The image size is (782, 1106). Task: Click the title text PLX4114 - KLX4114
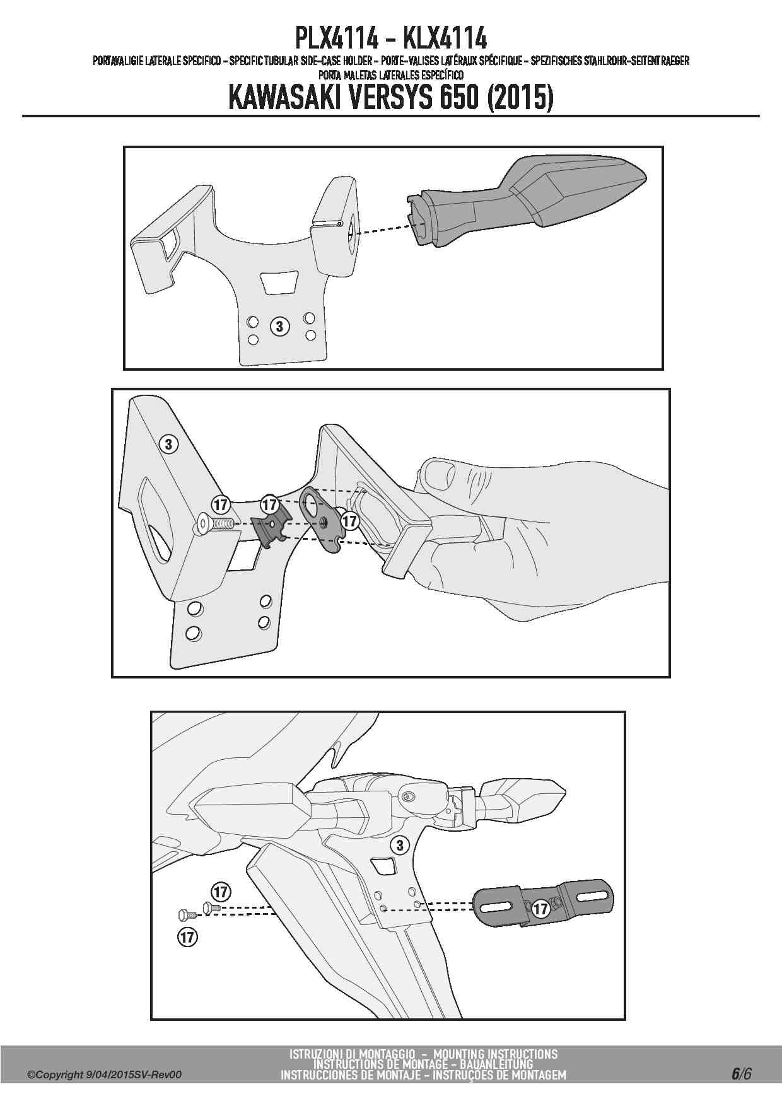[391, 39]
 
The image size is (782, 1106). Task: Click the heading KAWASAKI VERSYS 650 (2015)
[390, 98]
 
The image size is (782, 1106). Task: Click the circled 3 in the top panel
[280, 326]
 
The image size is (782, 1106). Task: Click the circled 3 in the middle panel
[168, 444]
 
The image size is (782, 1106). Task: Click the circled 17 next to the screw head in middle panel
[220, 504]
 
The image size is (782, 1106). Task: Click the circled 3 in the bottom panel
[399, 845]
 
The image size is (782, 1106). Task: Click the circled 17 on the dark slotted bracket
[540, 909]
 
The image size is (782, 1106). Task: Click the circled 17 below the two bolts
[187, 937]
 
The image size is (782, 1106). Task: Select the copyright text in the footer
[104, 1074]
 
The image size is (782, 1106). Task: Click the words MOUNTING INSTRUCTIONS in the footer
[496, 1054]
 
